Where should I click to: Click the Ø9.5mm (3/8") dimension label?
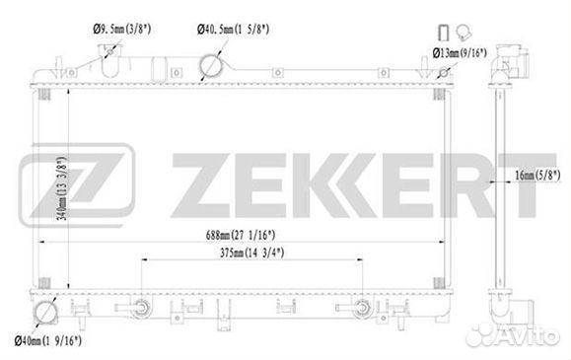pos(122,29)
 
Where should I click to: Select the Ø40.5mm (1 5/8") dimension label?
pos(233,30)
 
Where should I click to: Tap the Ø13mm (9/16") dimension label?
pos(460,53)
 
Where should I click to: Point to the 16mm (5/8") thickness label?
pos(537,176)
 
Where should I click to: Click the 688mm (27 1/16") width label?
pos(241,235)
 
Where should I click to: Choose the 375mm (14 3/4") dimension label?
pos(252,252)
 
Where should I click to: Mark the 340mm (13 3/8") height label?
pos(62,188)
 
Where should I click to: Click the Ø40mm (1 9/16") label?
pos(47,341)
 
